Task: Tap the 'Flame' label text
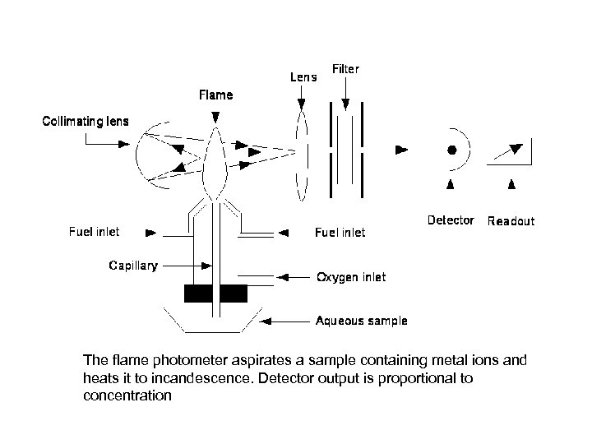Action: click(x=215, y=95)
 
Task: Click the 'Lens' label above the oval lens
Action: click(x=303, y=77)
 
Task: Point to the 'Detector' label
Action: click(x=451, y=220)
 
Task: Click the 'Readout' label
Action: click(x=511, y=221)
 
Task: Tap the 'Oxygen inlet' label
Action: click(x=351, y=277)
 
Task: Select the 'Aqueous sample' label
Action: click(x=362, y=321)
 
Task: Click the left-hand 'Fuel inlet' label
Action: click(x=93, y=232)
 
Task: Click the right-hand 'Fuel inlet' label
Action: click(x=340, y=233)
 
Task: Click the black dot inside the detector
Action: click(x=451, y=150)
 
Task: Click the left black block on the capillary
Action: click(x=197, y=294)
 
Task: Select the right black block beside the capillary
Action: click(x=234, y=294)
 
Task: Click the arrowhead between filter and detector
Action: click(x=401, y=150)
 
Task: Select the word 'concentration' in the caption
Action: click(x=127, y=395)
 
